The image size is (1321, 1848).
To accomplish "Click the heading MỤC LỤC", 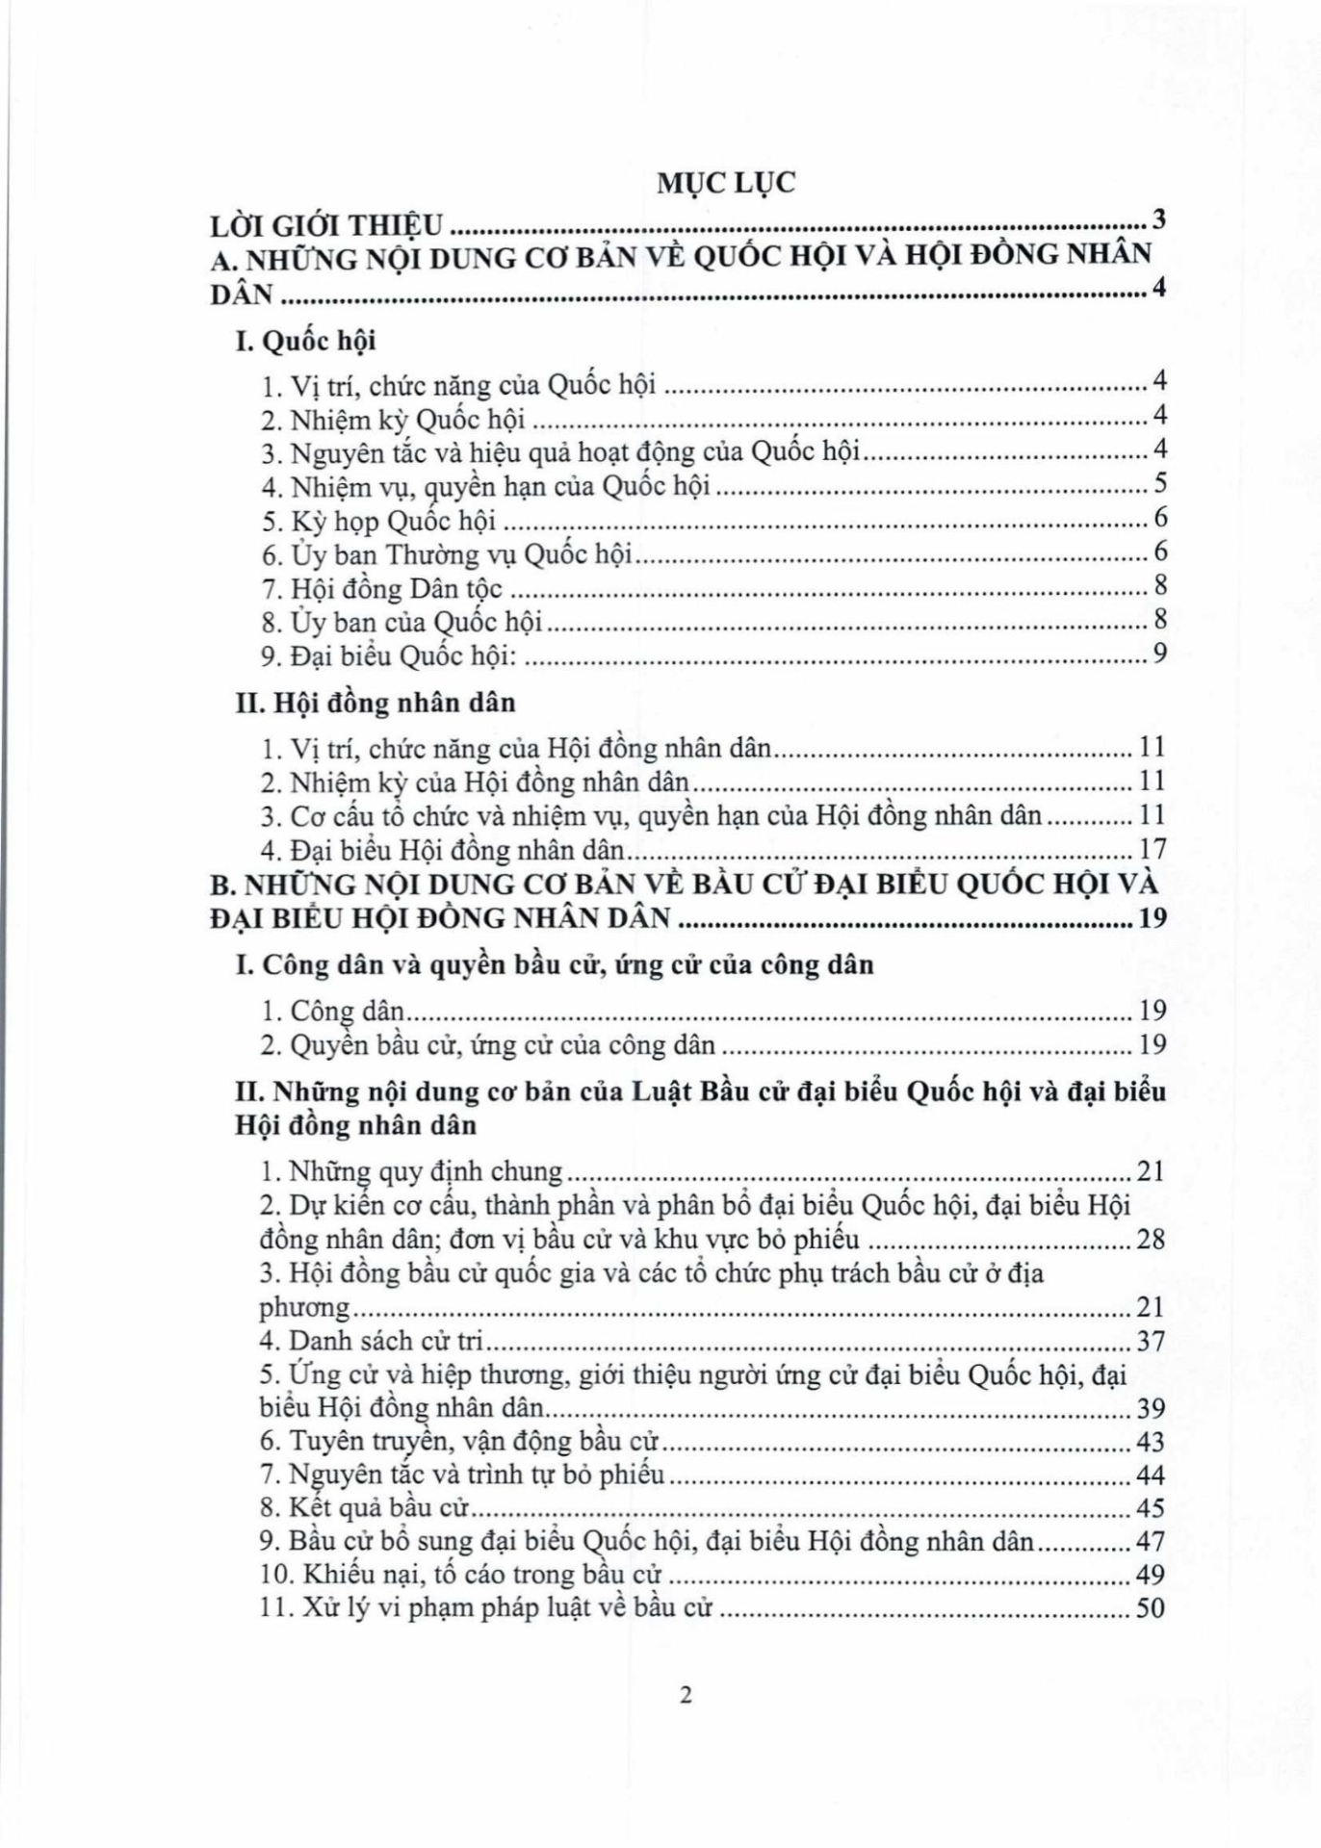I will pos(726,182).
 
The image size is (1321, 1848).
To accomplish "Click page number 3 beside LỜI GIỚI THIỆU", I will pos(1159,219).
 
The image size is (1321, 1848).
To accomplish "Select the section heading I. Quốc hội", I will pos(305,341).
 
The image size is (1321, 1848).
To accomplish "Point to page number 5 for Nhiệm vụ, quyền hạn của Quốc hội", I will pos(1159,483).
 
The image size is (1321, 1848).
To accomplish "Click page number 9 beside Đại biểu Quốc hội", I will pos(1159,654).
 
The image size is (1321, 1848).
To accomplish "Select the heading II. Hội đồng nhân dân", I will pos(376,703).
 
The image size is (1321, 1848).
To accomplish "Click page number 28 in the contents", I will pos(1151,1239).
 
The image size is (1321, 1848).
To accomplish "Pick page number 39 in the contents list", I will pos(1151,1408).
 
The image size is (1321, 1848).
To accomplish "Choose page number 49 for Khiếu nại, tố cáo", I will pos(1151,1575).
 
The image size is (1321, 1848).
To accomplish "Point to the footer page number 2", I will pos(686,1695).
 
